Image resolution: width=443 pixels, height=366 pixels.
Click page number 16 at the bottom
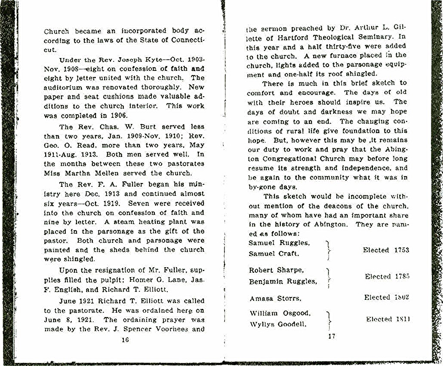point(125,340)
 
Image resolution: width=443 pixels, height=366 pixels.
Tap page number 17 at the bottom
point(331,336)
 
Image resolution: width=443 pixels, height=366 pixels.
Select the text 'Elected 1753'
point(386,250)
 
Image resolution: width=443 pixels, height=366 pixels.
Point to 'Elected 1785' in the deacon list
point(387,276)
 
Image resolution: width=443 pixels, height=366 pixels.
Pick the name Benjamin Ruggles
point(283,282)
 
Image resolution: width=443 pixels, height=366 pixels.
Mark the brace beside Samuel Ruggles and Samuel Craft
point(329,250)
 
